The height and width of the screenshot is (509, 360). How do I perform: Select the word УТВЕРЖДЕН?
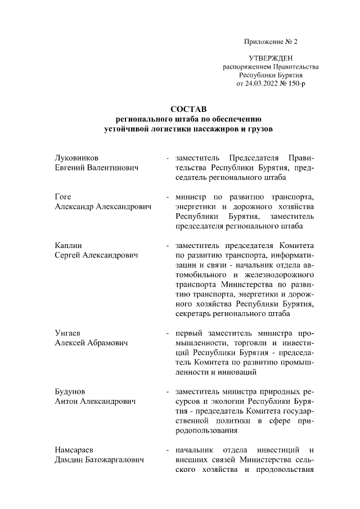pyautogui.click(x=271, y=58)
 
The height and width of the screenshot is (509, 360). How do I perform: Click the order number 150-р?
pyautogui.click(x=295, y=83)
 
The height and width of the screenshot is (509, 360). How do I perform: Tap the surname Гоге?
pyautogui.click(x=62, y=197)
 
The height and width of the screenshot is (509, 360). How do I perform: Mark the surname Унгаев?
pyautogui.click(x=66, y=333)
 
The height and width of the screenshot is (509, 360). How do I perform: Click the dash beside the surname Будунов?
pyautogui.click(x=168, y=391)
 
